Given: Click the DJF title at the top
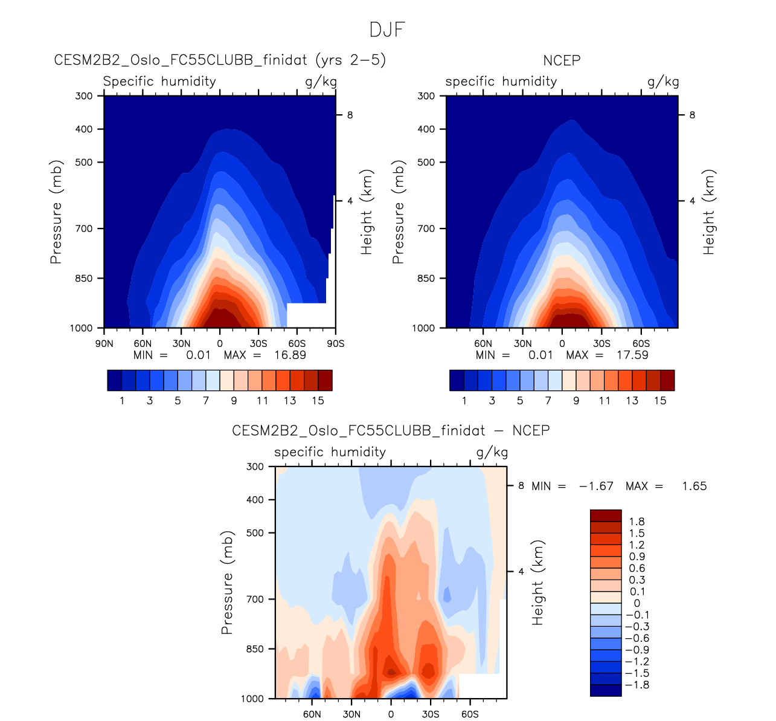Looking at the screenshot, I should click(x=387, y=30).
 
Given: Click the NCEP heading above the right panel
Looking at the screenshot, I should click(x=562, y=60).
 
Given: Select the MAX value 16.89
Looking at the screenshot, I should click(x=290, y=355).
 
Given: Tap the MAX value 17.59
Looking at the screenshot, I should click(x=632, y=355).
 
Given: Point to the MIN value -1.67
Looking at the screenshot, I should click(x=596, y=486).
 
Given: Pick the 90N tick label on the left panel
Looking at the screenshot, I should click(x=104, y=344).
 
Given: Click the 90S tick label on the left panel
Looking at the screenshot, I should click(x=335, y=344).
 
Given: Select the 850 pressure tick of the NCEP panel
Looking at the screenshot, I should click(x=426, y=279).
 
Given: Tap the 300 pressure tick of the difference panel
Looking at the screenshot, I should click(x=255, y=467).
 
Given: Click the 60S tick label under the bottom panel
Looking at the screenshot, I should click(x=470, y=714).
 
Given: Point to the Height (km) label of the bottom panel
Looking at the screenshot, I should click(x=538, y=583).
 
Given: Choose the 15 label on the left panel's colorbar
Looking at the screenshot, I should click(x=318, y=401).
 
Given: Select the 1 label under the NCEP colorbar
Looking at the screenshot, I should click(x=464, y=401).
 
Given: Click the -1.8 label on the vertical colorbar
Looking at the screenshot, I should click(x=638, y=685).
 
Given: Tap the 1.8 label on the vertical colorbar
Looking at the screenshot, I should click(x=637, y=522).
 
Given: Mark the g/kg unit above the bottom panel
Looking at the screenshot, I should click(x=492, y=452).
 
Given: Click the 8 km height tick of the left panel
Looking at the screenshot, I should click(x=350, y=115).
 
